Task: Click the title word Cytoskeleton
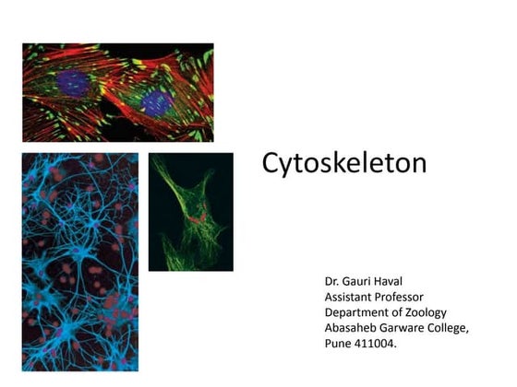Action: pos(343,163)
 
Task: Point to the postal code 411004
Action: pos(379,343)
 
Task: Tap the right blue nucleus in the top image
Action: pos(156,102)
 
